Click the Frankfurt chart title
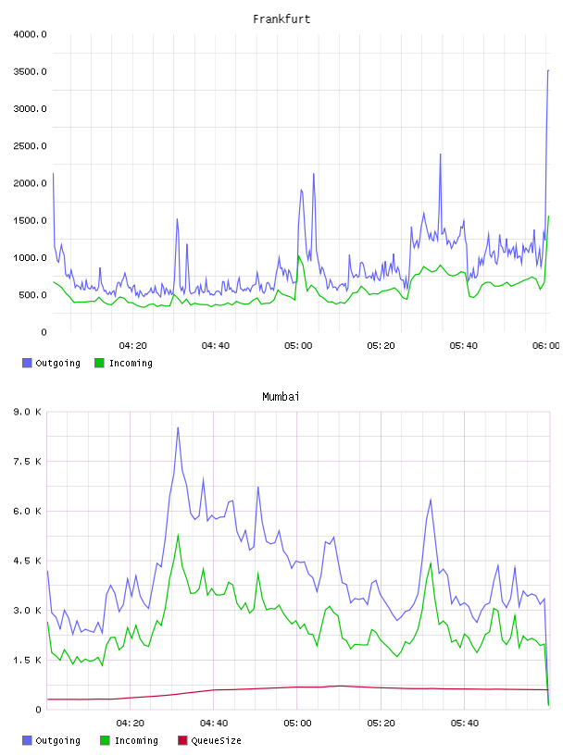point(281,19)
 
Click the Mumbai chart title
point(281,397)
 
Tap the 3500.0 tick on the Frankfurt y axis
point(30,72)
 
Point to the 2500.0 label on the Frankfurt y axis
point(30,146)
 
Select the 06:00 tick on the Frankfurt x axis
point(546,346)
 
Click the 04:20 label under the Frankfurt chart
point(132,346)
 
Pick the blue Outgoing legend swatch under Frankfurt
point(27,363)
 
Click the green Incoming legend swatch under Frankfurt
point(99,363)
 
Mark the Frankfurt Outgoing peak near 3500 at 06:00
point(548,70)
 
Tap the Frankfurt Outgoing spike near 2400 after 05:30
point(440,155)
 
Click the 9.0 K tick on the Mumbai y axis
point(27,412)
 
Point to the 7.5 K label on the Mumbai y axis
point(27,462)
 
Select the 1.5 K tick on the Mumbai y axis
point(27,660)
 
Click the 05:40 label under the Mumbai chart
point(465,724)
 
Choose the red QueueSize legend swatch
point(182,740)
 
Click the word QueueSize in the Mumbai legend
point(216,741)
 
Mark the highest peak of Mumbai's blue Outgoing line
point(178,427)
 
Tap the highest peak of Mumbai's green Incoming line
point(179,535)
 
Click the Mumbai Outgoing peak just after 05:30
point(431,500)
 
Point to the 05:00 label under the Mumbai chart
point(297,724)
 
